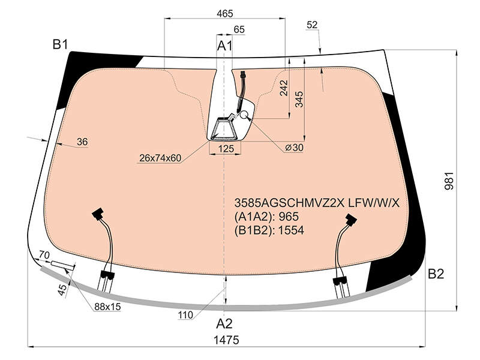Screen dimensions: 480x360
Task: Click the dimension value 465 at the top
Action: coord(224,13)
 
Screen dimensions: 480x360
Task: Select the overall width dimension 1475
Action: coord(226,340)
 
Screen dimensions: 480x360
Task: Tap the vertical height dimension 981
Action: coord(449,181)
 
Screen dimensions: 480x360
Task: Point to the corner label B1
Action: coord(60,44)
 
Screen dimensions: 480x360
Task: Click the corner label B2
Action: coord(436,274)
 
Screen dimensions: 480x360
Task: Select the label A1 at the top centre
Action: coord(224,46)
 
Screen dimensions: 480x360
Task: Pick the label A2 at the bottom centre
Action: coord(224,323)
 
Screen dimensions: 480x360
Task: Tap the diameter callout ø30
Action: coord(294,148)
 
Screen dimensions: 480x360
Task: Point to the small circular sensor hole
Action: coord(244,115)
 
